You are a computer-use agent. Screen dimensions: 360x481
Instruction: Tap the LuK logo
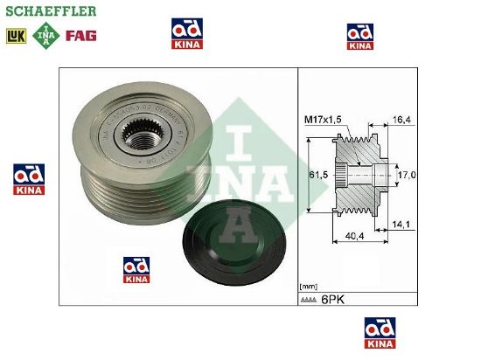pyautogui.click(x=16, y=37)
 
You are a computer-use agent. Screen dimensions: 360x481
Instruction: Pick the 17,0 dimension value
pyautogui.click(x=407, y=176)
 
